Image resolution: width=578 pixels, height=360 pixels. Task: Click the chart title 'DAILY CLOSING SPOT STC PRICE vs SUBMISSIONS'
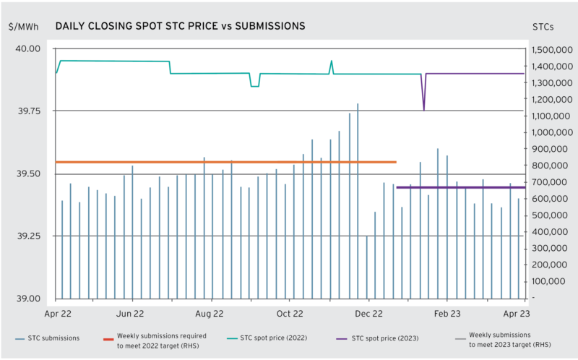click(x=180, y=26)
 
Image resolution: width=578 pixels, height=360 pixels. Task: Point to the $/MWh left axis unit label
click(x=24, y=27)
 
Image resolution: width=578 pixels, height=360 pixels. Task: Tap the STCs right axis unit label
click(x=543, y=27)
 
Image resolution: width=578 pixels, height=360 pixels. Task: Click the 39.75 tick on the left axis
click(x=29, y=111)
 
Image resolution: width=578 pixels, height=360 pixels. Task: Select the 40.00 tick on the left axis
click(x=28, y=48)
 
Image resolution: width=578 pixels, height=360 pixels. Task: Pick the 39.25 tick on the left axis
click(x=29, y=236)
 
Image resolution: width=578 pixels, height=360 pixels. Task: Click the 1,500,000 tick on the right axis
click(x=552, y=50)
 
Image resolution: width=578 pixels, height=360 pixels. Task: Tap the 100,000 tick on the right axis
click(x=548, y=281)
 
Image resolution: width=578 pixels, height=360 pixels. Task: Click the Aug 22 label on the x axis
click(x=210, y=314)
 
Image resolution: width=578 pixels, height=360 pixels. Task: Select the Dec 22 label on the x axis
click(x=368, y=314)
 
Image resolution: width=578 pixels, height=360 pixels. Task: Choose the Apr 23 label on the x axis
click(x=517, y=314)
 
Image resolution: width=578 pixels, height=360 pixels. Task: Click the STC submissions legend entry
click(x=48, y=338)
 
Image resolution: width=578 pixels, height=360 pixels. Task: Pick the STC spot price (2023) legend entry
click(x=378, y=338)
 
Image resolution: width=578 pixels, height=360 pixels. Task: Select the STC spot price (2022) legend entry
click(x=267, y=338)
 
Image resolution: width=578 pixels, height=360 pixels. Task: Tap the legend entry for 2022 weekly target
click(x=155, y=340)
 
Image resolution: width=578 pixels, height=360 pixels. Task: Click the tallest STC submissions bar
click(x=358, y=201)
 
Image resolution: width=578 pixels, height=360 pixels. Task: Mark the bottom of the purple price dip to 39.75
click(x=424, y=111)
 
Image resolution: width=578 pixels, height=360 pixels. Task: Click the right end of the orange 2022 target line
click(x=396, y=162)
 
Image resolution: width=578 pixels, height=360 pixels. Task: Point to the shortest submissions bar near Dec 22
click(x=367, y=267)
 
